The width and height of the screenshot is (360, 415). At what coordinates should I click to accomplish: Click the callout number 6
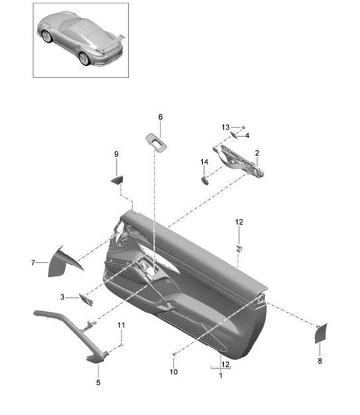(160, 117)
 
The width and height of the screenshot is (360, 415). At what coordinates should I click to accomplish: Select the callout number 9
(116, 154)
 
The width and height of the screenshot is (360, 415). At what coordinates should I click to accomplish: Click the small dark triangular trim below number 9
(117, 178)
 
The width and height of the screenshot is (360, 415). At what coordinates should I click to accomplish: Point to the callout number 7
(32, 263)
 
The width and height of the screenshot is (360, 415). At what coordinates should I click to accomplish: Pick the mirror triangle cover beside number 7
(65, 262)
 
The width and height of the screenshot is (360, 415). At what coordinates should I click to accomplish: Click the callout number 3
(62, 297)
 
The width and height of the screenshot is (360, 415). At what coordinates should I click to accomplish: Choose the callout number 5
(98, 382)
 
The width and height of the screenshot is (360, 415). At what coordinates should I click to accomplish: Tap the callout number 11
(121, 325)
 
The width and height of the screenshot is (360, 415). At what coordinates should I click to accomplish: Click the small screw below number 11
(121, 345)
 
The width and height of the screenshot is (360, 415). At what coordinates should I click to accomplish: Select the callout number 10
(174, 372)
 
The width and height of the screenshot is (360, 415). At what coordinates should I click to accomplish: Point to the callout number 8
(320, 361)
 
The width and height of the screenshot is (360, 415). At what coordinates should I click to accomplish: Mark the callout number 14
(205, 162)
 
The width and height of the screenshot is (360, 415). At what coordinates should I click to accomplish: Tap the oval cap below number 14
(205, 179)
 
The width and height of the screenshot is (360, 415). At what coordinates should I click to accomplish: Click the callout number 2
(257, 153)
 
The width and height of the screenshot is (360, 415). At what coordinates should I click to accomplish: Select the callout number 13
(225, 127)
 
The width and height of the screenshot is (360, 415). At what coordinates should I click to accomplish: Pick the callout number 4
(247, 135)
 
